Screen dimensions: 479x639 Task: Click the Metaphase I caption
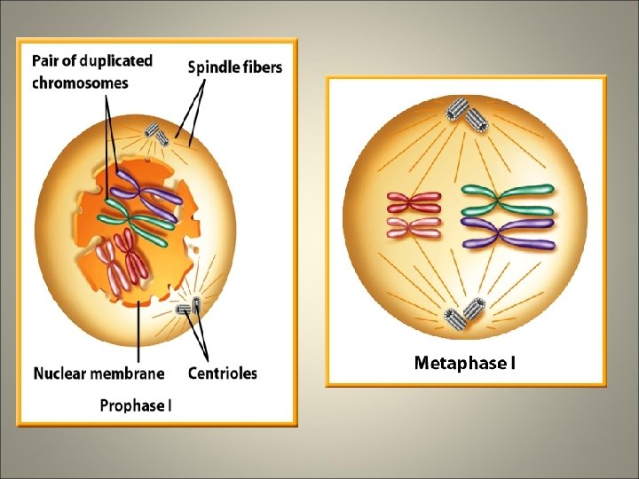tap(465, 362)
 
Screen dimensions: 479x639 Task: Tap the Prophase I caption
tap(136, 405)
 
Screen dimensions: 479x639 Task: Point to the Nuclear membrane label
tap(99, 373)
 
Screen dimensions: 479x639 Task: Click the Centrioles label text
tap(223, 373)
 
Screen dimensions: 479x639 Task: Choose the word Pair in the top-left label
tap(47, 61)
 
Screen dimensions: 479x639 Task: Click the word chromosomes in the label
tap(81, 82)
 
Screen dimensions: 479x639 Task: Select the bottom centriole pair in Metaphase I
tap(465, 312)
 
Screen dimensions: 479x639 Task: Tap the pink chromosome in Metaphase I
tap(411, 229)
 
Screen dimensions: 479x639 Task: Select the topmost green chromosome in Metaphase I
tap(506, 191)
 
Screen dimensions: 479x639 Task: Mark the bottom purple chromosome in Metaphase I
tap(508, 241)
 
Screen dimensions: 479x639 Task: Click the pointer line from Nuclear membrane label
tap(139, 328)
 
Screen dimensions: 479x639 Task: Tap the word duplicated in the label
tap(115, 61)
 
